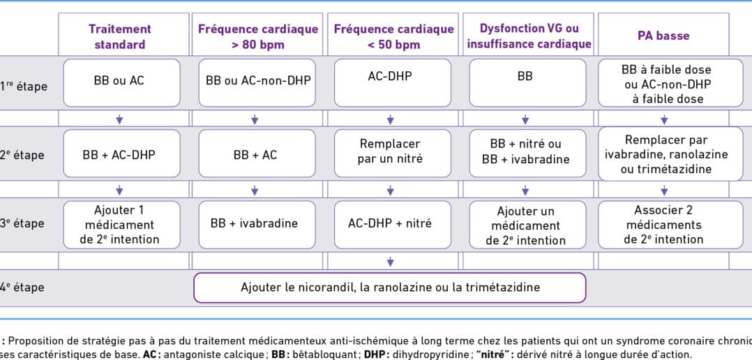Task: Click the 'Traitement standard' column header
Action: pos(120,36)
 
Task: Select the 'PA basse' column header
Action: pos(664,36)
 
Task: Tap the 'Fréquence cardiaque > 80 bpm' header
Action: pos(258,36)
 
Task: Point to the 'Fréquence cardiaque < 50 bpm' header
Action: pos(393,36)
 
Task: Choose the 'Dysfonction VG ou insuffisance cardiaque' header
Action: pos(529,36)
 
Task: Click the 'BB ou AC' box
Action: pos(122,82)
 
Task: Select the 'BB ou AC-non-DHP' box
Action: pos(257,82)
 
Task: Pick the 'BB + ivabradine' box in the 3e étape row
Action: pos(257,225)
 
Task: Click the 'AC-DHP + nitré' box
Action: pos(393,225)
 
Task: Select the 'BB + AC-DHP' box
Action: pos(122,153)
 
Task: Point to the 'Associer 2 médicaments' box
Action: pos(670,225)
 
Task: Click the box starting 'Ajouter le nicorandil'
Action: pos(390,287)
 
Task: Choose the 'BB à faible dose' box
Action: pos(670,82)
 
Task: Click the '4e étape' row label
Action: pos(22,287)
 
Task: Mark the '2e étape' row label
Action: pos(22,156)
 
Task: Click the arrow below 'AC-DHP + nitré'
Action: pos(391,262)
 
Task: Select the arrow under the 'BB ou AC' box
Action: pos(119,119)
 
